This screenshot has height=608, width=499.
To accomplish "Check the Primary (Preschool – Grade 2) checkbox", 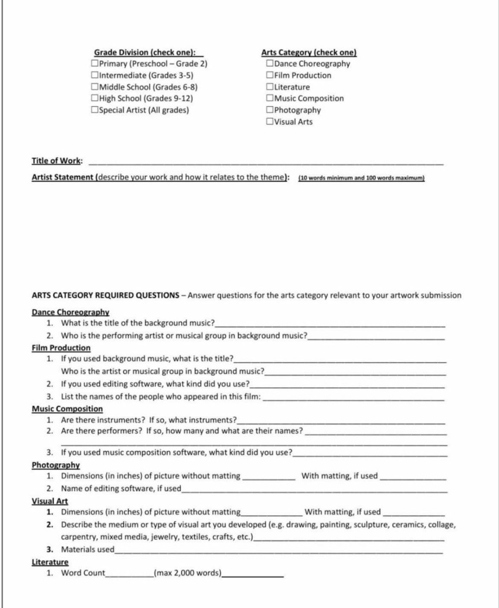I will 95,64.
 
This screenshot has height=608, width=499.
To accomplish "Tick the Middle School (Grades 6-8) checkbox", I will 95,87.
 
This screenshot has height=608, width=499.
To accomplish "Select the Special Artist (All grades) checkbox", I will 95,110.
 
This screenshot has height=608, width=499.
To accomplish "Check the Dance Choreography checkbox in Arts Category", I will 270,64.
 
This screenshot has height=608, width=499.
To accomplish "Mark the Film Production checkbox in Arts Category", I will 270,75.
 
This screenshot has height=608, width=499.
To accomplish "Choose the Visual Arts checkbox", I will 270,122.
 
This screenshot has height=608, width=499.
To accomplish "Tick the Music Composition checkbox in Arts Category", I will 270,99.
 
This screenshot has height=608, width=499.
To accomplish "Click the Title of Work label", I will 57,161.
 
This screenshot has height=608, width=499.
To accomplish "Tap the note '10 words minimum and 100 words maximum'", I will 361,178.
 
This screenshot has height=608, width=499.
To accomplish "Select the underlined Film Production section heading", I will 61,348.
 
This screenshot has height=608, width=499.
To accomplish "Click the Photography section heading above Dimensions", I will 56,465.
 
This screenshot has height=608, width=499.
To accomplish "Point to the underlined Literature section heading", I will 50,562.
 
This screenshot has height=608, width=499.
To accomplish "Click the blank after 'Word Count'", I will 129,575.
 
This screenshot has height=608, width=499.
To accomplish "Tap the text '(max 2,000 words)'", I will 187,574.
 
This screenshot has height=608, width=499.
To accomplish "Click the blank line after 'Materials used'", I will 279,551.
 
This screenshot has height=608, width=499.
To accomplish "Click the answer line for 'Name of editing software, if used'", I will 314,490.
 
